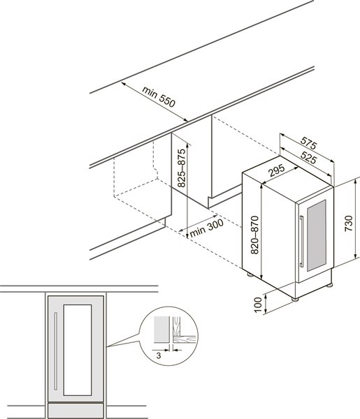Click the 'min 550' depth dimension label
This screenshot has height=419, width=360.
pyautogui.click(x=159, y=96)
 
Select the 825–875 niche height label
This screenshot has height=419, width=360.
pyautogui.click(x=182, y=168)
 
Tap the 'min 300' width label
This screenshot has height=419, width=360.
pyautogui.click(x=207, y=228)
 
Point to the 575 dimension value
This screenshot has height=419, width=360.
pyautogui.click(x=309, y=143)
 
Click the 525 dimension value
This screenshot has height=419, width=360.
pyautogui.click(x=309, y=157)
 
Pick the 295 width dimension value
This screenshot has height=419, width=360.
pyautogui.click(x=278, y=170)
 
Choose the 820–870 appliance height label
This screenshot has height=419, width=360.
pyautogui.click(x=255, y=235)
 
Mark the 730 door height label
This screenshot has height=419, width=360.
pyautogui.click(x=349, y=223)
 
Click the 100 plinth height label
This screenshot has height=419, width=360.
pyautogui.click(x=257, y=304)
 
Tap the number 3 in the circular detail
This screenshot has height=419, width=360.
pyautogui.click(x=159, y=355)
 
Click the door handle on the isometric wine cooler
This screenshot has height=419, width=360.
pyautogui.click(x=302, y=242)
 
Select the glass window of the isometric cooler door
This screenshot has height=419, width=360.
pyautogui.click(x=317, y=235)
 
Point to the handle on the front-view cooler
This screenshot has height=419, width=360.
pyautogui.click(x=56, y=351)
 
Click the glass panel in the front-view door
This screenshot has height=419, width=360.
pyautogui.click(x=78, y=350)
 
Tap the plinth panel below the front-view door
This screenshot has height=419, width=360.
pyautogui.click(x=75, y=411)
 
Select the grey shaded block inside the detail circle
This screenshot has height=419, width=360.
pyautogui.click(x=161, y=330)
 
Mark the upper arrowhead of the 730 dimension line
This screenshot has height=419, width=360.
pyautogui.click(x=356, y=182)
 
